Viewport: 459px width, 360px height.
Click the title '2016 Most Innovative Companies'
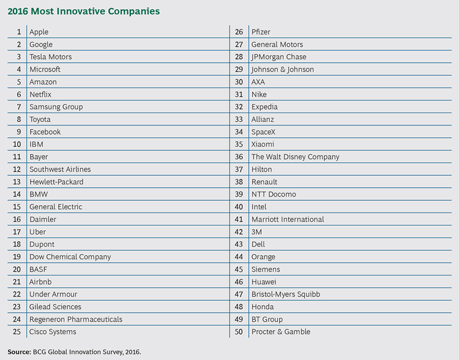pos(84,11)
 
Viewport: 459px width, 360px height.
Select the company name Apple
pos(39,32)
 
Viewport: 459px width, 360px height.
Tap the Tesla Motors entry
pos(50,57)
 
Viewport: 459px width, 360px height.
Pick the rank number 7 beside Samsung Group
pos(19,107)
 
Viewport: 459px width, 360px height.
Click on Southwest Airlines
pos(60,169)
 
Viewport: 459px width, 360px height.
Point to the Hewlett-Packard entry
pos(56,182)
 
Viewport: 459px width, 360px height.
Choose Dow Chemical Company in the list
pos(70,257)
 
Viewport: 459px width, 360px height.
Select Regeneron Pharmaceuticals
pos(76,319)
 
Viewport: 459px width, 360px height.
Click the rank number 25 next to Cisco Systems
pos(17,332)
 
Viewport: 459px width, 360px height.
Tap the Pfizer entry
pos(261,32)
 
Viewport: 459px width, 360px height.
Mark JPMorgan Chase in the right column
pos(278,57)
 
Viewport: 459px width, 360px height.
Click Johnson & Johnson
pos(282,69)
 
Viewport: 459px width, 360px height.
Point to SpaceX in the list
pos(264,132)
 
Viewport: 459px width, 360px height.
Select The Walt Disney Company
pos(295,157)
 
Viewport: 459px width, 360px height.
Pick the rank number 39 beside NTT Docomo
pos(239,194)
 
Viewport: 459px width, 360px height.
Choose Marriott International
pos(288,219)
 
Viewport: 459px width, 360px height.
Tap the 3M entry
pos(257,231)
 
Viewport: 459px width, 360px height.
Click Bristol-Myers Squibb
pos(285,294)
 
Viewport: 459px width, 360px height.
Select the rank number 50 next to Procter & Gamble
pos(239,332)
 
